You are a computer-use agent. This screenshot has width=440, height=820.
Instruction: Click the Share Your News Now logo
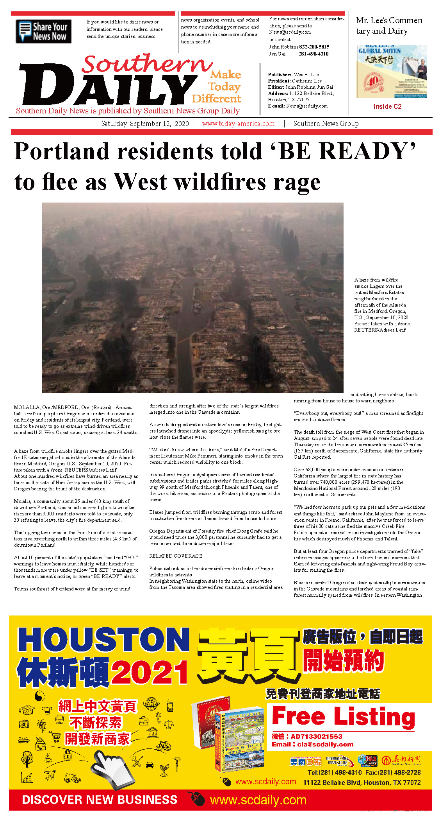coord(43,31)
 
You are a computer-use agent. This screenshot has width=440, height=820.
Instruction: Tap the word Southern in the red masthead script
coord(146,63)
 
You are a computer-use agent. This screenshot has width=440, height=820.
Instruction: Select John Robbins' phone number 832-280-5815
coord(314,47)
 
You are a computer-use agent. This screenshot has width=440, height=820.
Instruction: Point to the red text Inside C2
coord(387,106)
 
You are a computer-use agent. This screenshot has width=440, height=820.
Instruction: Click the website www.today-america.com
coord(238,124)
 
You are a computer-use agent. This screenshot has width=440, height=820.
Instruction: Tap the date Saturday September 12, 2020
coord(145,124)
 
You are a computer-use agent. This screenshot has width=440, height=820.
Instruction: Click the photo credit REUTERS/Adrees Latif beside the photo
coord(380,330)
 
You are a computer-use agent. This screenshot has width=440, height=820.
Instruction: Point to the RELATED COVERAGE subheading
coord(176,556)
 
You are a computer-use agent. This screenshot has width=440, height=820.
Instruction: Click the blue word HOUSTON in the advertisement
coord(103,640)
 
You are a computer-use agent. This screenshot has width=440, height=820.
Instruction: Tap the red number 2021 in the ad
coord(150,673)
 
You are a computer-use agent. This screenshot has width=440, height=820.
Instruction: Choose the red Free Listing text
coord(343,717)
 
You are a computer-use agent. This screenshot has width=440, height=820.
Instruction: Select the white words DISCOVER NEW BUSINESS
coord(100,800)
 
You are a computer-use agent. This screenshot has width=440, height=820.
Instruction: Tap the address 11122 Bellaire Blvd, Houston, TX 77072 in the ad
coord(362,782)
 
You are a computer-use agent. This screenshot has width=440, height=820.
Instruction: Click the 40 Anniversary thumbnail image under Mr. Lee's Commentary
coord(391,72)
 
